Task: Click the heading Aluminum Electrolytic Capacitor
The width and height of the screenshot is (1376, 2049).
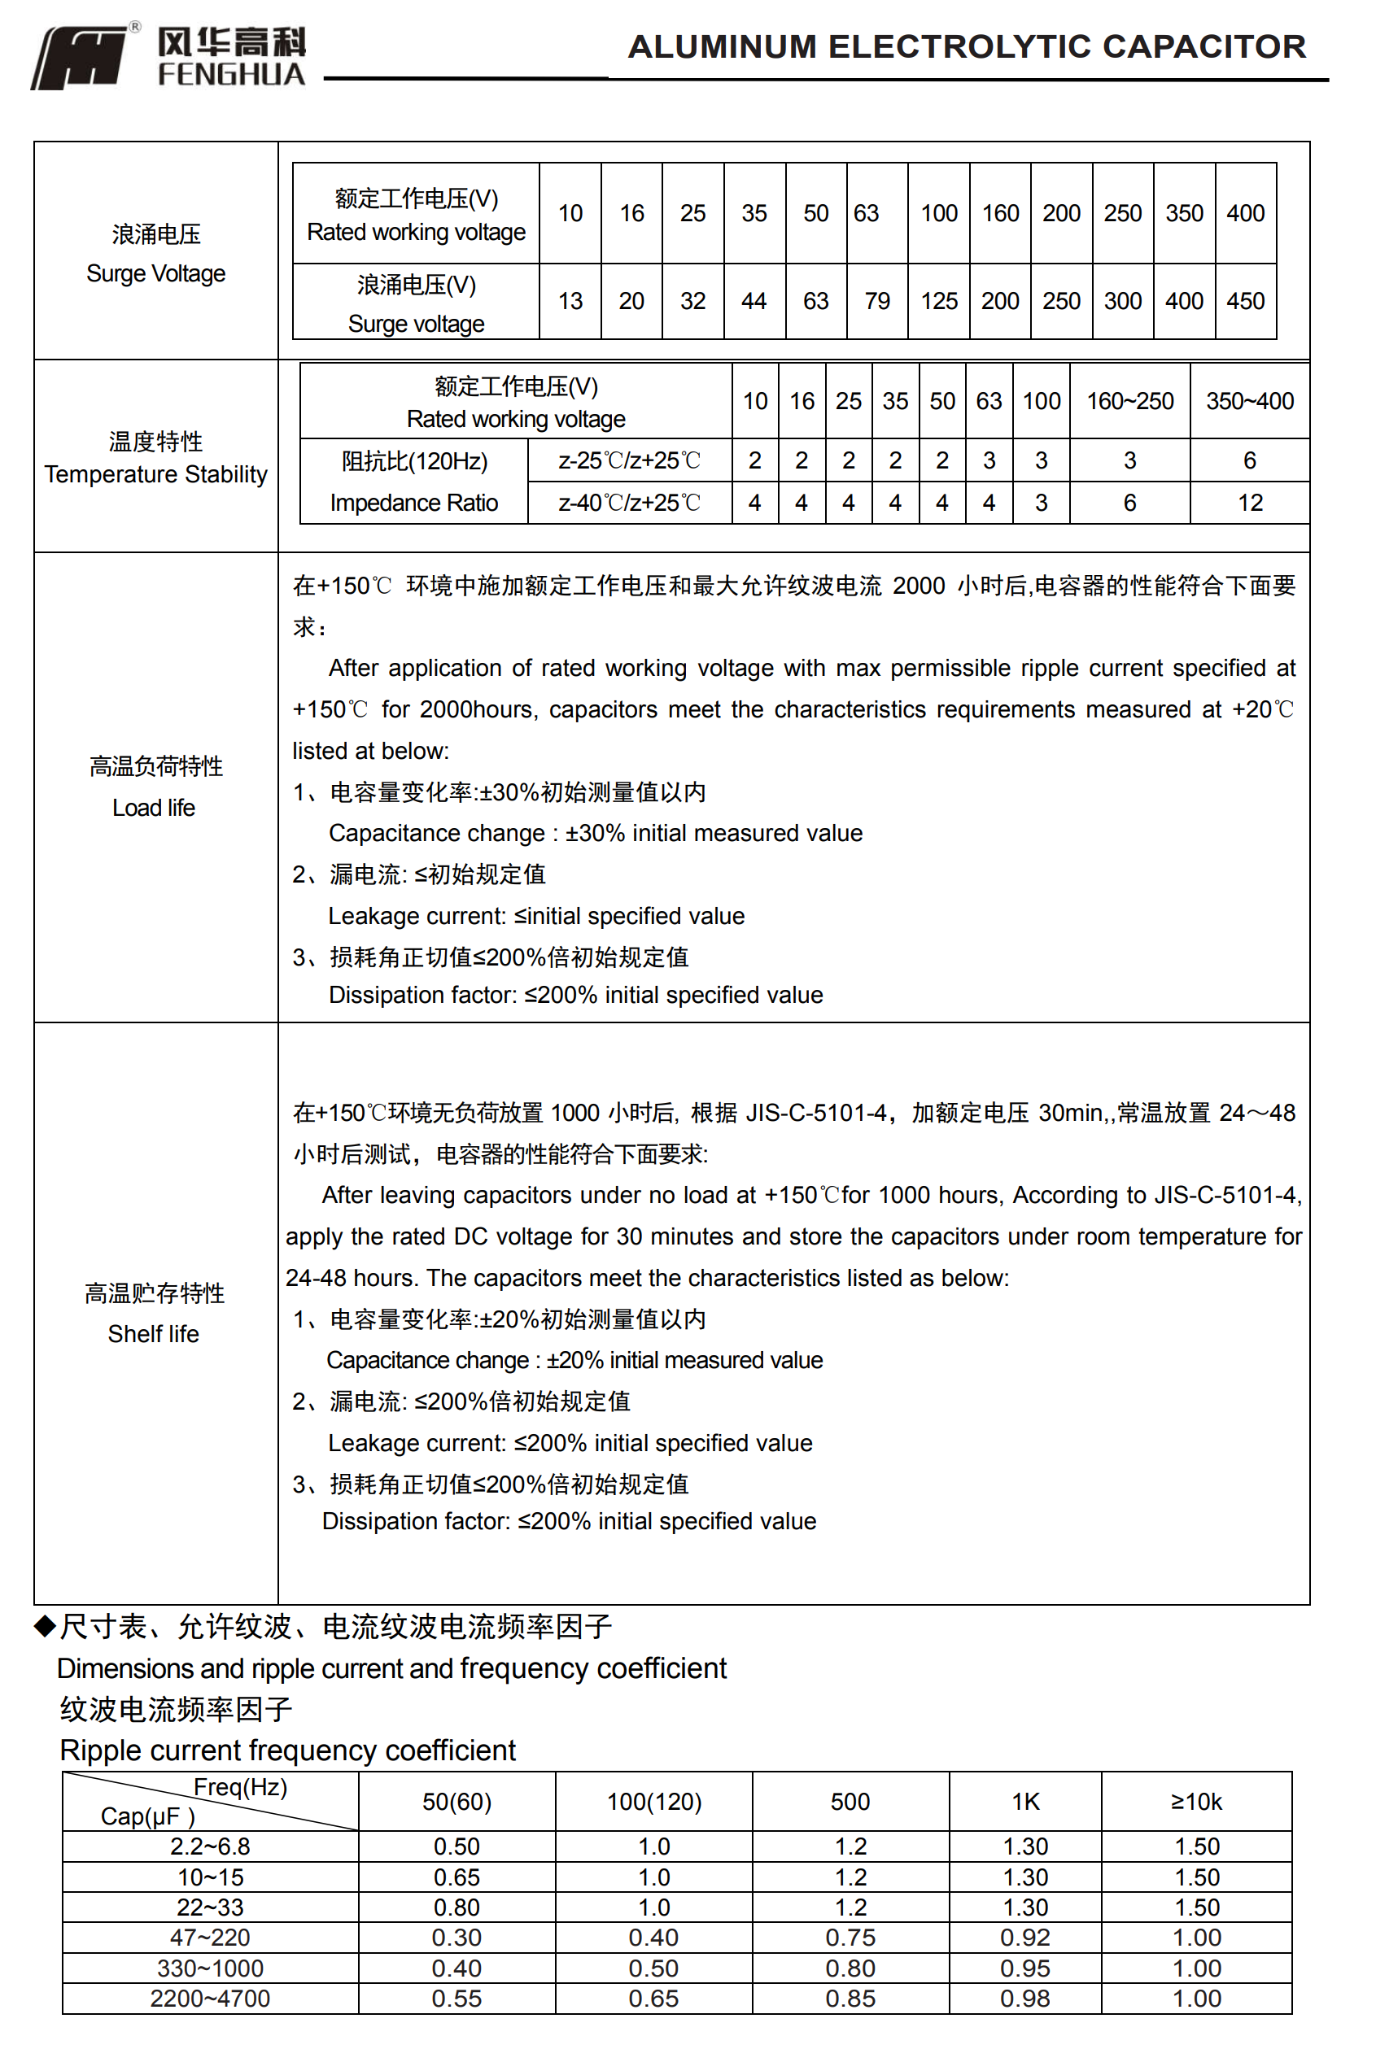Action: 966,46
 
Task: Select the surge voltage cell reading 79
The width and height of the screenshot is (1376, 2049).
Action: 876,301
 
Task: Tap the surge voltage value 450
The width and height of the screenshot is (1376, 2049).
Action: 1245,301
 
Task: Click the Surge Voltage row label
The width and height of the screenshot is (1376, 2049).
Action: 155,255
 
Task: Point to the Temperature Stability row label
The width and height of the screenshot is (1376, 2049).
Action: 155,458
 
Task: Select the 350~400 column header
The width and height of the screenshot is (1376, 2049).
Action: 1249,401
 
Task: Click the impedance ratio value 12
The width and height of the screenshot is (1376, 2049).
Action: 1249,503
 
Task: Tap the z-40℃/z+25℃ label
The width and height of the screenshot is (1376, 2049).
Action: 629,503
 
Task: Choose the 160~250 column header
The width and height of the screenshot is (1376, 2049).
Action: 1129,401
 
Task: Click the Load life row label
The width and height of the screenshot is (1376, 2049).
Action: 155,787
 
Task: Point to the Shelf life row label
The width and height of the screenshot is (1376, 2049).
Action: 155,1313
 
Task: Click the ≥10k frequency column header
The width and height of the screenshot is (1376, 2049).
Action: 1196,1802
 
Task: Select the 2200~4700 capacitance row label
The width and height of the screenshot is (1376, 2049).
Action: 210,1998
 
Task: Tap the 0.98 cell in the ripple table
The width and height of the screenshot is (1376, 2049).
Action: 1025,1998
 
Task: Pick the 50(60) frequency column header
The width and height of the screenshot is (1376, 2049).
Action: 456,1802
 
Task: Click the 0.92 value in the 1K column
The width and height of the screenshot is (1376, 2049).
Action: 1025,1937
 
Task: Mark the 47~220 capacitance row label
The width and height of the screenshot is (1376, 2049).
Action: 210,1937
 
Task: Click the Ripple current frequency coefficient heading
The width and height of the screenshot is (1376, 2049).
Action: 287,1750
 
